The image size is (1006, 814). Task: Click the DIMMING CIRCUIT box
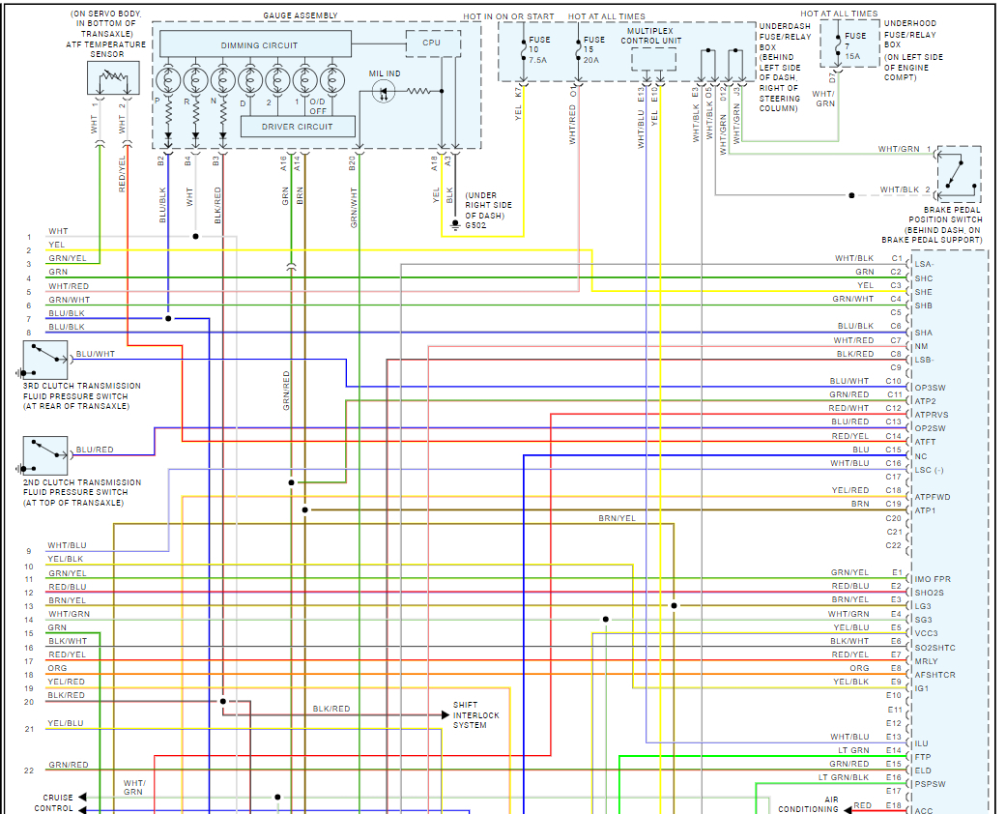click(258, 44)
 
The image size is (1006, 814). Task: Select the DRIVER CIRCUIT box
click(297, 127)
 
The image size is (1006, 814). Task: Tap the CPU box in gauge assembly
click(431, 44)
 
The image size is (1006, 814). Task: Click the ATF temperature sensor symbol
click(113, 78)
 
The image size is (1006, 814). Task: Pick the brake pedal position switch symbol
click(958, 174)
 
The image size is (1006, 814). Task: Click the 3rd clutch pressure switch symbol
click(45, 360)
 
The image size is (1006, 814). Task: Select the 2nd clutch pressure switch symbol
click(45, 455)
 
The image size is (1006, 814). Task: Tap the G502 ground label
click(475, 225)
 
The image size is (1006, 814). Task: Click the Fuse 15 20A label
click(594, 48)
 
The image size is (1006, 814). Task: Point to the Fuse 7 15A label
click(855, 45)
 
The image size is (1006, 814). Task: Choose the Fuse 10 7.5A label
click(539, 48)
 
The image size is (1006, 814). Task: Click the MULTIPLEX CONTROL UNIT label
click(652, 36)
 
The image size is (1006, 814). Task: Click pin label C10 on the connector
click(893, 381)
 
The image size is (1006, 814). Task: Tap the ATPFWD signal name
click(933, 497)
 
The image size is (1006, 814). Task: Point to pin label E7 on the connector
click(895, 654)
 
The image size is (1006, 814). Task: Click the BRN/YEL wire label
click(617, 519)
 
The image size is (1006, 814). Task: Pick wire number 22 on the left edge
click(29, 770)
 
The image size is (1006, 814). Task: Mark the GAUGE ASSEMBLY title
click(301, 16)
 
